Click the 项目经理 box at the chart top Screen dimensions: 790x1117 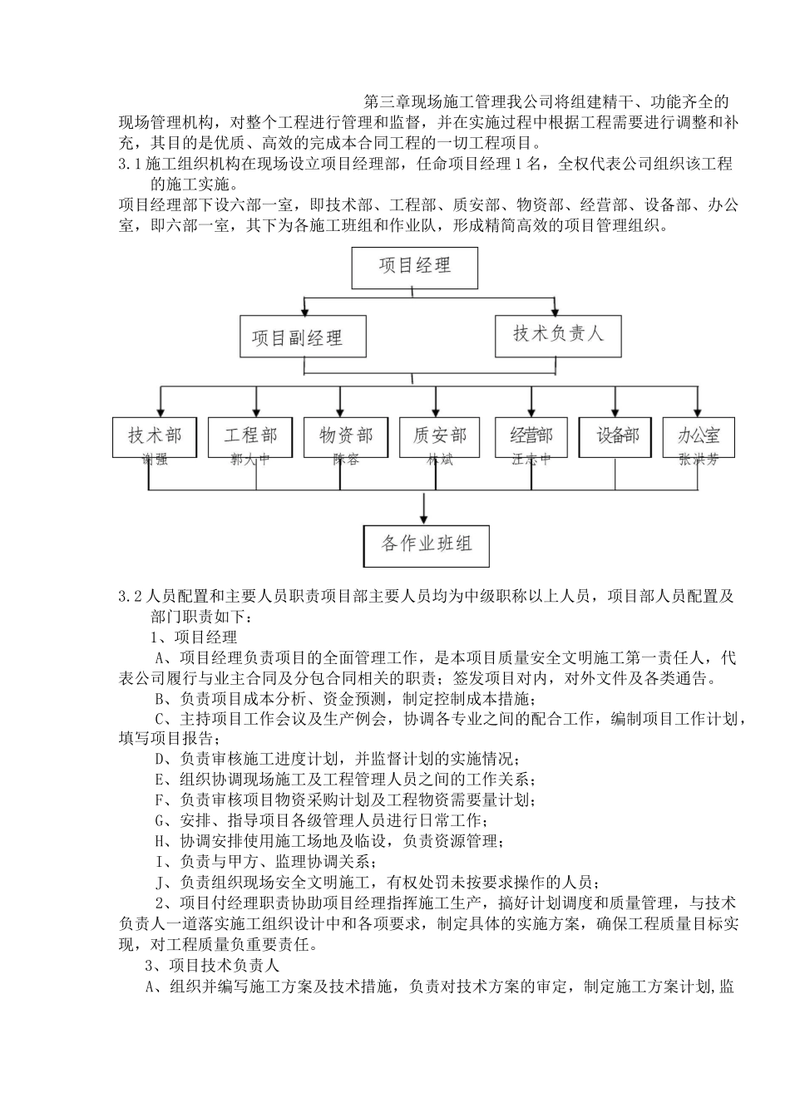point(415,267)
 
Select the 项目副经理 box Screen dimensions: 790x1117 point(298,337)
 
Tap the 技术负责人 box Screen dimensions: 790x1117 point(557,334)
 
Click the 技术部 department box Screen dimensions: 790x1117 point(155,435)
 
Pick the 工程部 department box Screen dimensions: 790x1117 point(250,435)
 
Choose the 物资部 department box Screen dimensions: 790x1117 point(346,435)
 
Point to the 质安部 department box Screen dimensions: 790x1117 point(440,435)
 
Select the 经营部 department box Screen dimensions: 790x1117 point(531,435)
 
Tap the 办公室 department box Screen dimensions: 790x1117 point(699,435)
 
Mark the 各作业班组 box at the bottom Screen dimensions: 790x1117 point(427,545)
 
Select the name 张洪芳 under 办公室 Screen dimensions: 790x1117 point(699,459)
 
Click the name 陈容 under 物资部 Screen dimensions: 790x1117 point(346,459)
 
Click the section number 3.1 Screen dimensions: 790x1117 point(131,164)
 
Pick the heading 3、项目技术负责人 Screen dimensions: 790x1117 point(213,966)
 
